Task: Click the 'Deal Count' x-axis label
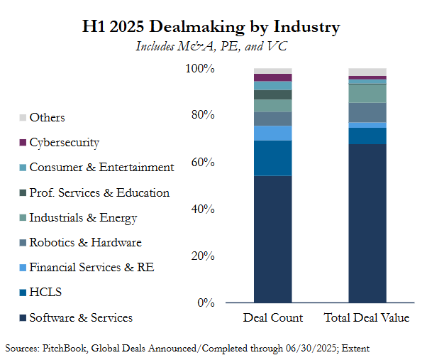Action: coord(273,317)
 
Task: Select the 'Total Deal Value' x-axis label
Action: coord(367,317)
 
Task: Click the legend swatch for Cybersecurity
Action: coord(23,143)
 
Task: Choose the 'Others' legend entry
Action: coord(47,117)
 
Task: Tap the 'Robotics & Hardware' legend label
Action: coord(85,242)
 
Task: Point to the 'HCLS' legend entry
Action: coord(45,293)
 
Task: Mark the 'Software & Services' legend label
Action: coord(80,317)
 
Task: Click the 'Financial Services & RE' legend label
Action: coord(91,268)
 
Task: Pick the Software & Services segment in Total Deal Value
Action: coord(367,224)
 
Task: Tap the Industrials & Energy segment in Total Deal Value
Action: coord(367,94)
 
